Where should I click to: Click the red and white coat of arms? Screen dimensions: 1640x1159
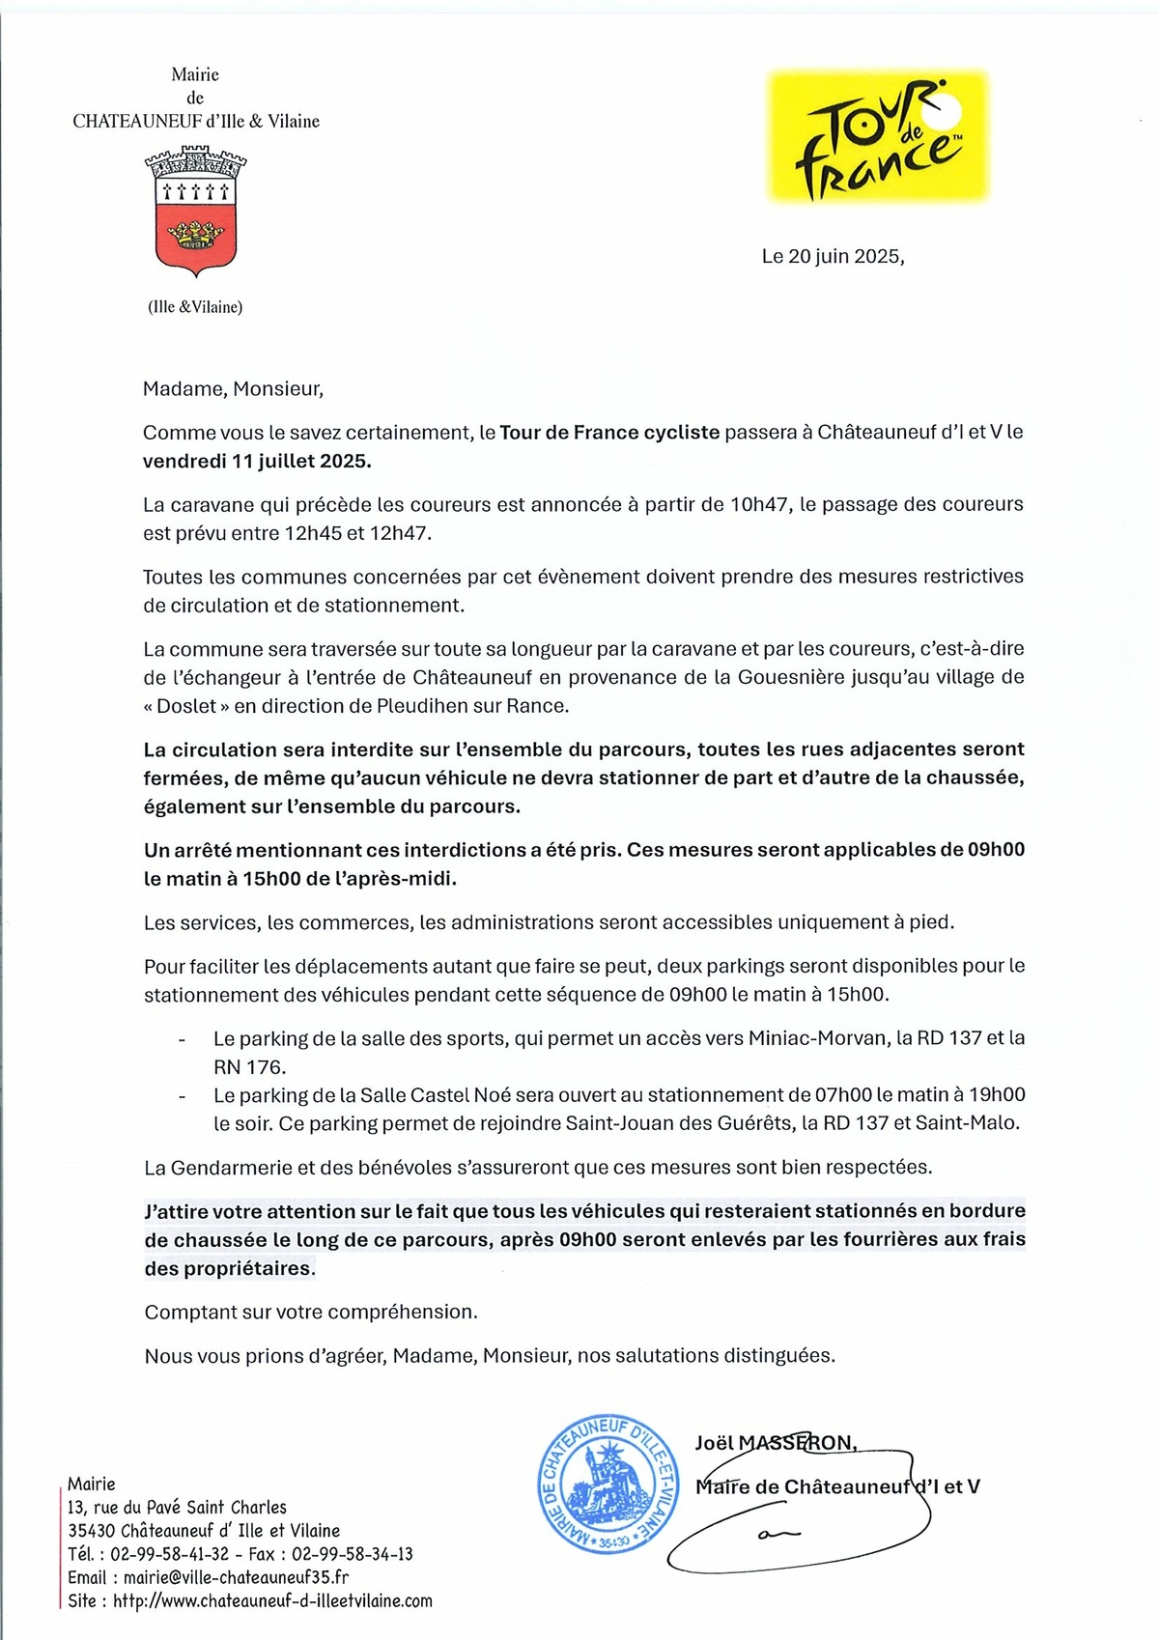click(196, 212)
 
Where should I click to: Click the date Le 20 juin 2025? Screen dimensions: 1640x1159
click(833, 257)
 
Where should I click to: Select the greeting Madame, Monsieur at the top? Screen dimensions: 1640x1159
click(233, 389)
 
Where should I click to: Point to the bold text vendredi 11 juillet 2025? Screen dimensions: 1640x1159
click(257, 462)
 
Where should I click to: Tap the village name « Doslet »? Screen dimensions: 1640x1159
click(186, 706)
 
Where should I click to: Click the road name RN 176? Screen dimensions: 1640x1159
click(249, 1067)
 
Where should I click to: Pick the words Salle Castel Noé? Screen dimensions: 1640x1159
click(429, 1095)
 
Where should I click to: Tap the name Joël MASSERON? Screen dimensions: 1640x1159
click(775, 1443)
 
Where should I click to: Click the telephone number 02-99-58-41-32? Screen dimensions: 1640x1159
click(170, 1554)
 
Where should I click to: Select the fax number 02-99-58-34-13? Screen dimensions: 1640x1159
click(353, 1554)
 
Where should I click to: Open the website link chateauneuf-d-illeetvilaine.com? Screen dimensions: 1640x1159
click(272, 1600)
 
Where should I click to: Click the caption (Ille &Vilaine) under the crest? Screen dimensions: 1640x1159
click(195, 307)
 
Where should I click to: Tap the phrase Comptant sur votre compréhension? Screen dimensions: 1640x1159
click(311, 1313)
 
